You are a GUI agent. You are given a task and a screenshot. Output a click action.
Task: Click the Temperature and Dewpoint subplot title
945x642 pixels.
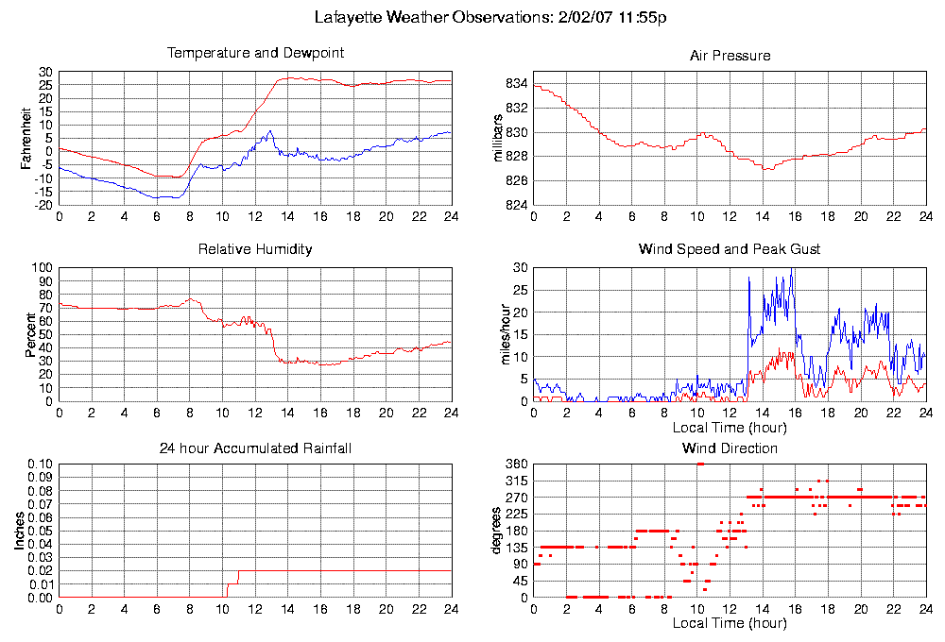tap(255, 53)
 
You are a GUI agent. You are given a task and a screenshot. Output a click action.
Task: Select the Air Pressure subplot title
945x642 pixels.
tap(730, 56)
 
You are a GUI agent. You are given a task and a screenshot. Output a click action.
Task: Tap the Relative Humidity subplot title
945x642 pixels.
tap(255, 249)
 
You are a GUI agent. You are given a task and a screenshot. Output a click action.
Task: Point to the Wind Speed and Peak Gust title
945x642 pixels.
tap(730, 249)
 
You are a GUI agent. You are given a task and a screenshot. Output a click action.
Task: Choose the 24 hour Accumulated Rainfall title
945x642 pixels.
tap(255, 448)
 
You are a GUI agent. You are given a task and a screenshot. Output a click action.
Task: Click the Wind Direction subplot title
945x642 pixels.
tap(730, 448)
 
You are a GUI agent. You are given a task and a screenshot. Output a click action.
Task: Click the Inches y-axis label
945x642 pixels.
tap(20, 532)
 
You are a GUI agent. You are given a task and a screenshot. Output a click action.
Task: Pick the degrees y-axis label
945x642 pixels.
tap(496, 532)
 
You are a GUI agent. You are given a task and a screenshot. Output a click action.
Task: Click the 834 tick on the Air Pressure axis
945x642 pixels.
tap(516, 84)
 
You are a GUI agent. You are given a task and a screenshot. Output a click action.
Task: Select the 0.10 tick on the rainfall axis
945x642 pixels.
tap(41, 465)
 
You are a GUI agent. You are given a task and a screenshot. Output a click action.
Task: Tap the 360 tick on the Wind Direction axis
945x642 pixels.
tap(516, 465)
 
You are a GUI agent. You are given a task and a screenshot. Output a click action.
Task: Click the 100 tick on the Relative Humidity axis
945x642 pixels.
tap(43, 267)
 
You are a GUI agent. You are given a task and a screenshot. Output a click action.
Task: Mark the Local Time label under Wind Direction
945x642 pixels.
tap(730, 623)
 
